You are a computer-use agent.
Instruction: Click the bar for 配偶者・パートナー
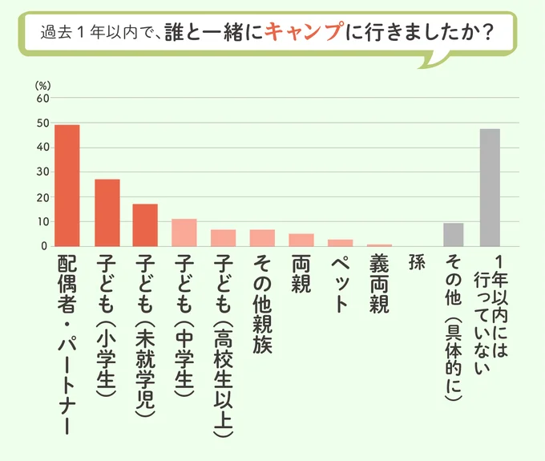[x=67, y=186]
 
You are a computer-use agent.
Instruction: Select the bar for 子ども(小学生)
[x=107, y=213]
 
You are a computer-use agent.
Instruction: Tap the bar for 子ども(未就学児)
[x=145, y=225]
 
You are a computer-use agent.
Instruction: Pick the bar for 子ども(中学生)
[x=184, y=233]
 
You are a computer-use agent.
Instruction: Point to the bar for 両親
[x=301, y=240]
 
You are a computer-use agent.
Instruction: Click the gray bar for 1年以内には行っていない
[x=490, y=188]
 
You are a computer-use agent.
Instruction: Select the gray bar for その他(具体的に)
[x=453, y=235]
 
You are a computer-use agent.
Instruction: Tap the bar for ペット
[x=340, y=243]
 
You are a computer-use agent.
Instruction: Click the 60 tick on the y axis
[x=42, y=99]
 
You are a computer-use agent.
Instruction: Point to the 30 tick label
[x=42, y=172]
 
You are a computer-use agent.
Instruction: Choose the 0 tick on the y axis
[x=46, y=246]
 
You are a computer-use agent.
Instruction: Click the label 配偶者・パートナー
[x=67, y=345]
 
